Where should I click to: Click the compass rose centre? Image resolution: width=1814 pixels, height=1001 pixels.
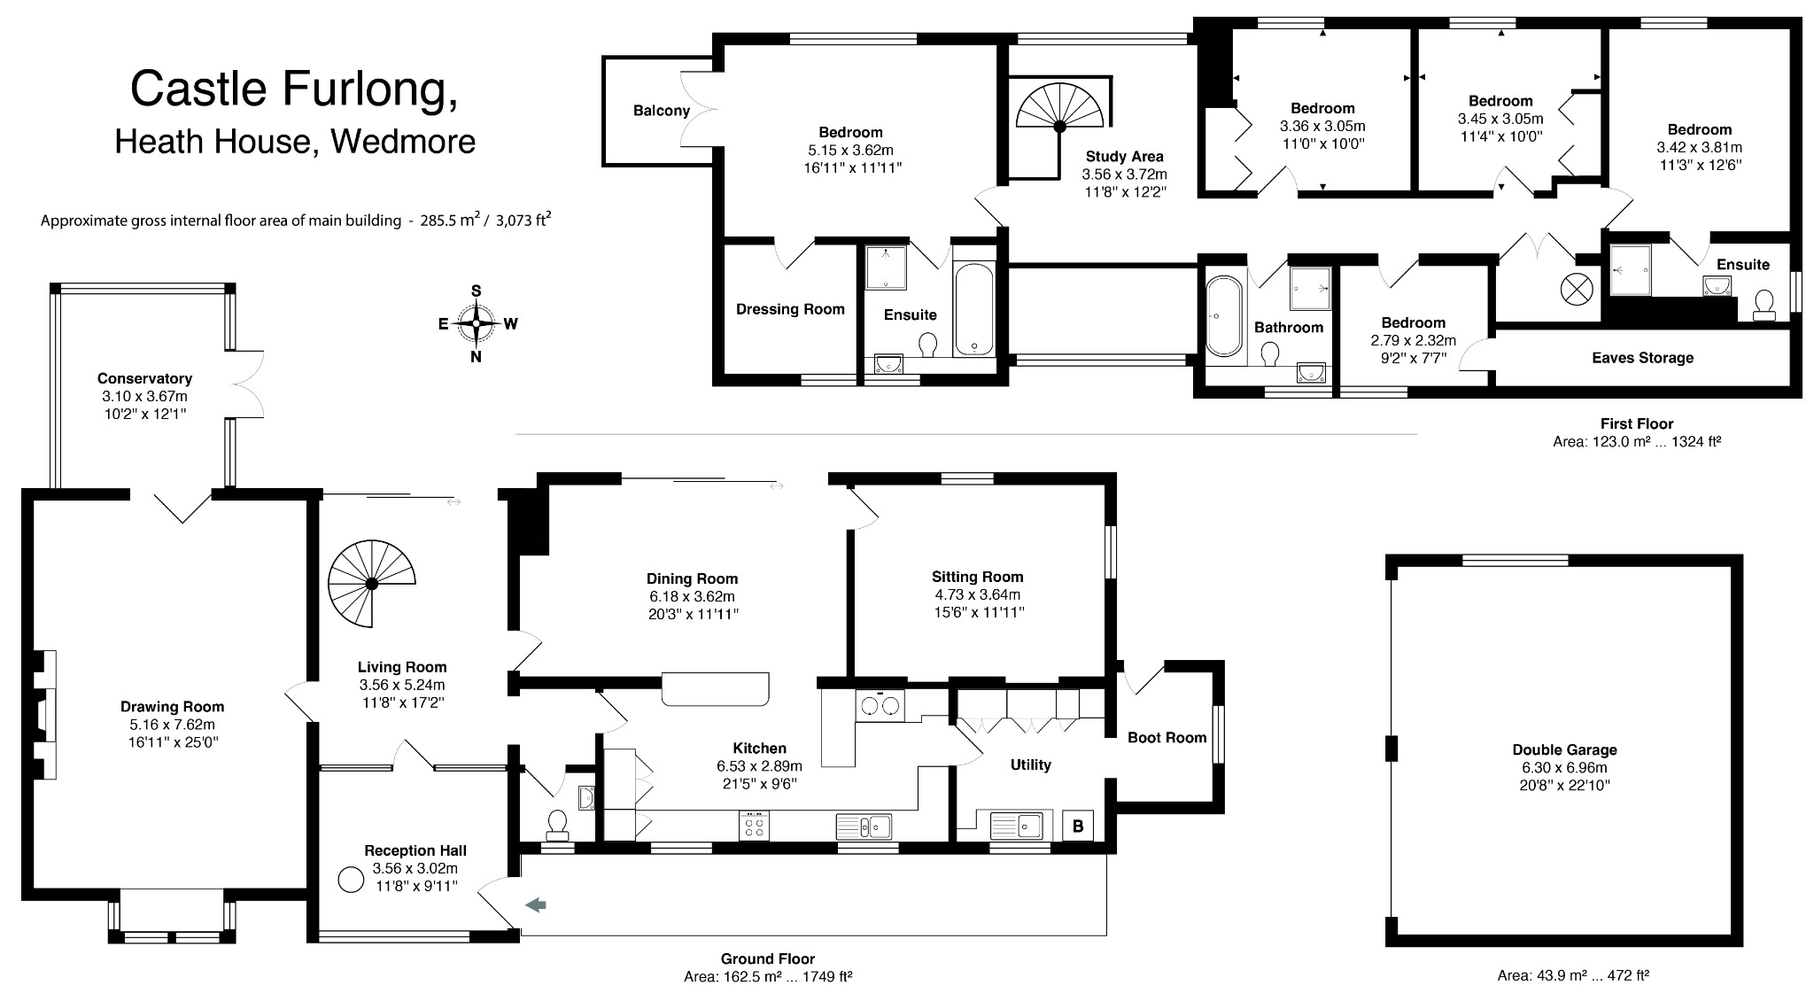tap(477, 323)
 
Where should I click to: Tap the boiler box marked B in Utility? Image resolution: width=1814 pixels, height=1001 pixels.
tap(1078, 826)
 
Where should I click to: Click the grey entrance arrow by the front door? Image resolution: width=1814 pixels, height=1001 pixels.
tap(536, 904)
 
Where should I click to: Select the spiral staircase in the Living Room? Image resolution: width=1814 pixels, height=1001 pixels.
tap(372, 584)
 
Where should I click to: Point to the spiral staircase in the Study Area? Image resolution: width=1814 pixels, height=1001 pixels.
tap(1059, 127)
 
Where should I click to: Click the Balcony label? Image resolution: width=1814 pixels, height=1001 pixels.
tap(661, 111)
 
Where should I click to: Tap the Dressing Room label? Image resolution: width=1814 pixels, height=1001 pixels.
tap(790, 309)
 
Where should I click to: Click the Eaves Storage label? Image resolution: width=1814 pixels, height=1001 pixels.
tap(1642, 358)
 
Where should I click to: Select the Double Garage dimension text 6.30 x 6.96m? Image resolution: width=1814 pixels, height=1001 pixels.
tap(1564, 767)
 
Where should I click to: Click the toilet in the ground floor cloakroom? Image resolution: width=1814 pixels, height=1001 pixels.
tap(558, 824)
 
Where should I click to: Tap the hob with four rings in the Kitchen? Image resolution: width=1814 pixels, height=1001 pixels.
tap(755, 826)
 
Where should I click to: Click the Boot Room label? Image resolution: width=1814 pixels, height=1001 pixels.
tap(1167, 737)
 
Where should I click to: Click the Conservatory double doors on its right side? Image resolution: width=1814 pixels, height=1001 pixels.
tap(248, 384)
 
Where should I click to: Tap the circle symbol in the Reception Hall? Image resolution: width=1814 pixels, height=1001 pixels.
tap(352, 880)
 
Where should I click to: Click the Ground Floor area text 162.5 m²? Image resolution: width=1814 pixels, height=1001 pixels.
tap(767, 977)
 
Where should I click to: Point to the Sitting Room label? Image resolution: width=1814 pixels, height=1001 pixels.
tap(977, 577)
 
